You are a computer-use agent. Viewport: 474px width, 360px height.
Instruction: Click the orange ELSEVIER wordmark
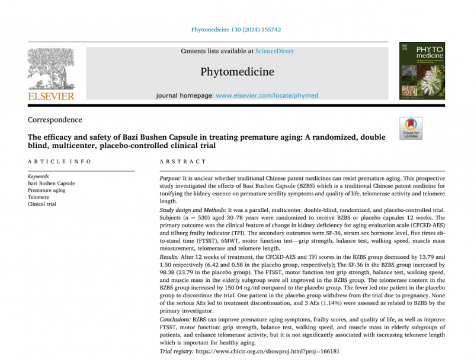pyautogui.click(x=51, y=96)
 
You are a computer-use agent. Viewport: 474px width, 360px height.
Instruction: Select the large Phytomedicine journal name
pyautogui.click(x=237, y=72)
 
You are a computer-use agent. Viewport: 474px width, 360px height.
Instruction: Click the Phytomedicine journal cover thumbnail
pyautogui.click(x=422, y=72)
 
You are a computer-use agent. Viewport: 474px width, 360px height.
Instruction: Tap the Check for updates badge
pyautogui.click(x=411, y=128)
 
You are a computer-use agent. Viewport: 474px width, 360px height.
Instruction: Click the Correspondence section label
pyautogui.click(x=55, y=120)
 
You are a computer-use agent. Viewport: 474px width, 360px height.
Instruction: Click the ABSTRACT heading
pyautogui.click(x=183, y=162)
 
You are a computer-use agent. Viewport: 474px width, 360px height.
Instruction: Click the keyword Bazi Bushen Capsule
pyautogui.click(x=52, y=184)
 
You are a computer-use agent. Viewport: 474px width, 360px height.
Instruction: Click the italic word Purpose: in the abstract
pyautogui.click(x=172, y=178)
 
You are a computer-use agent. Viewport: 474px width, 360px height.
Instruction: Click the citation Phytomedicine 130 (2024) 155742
pyautogui.click(x=236, y=28)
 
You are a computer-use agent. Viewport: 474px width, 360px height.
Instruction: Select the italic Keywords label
pyautogui.click(x=39, y=176)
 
